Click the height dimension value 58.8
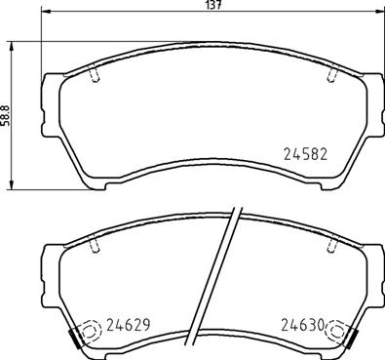(x=6, y=116)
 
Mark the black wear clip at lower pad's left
(x=75, y=340)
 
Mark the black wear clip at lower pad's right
(x=352, y=340)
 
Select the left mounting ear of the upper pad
(x=49, y=88)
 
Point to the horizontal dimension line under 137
(x=117, y=16)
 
